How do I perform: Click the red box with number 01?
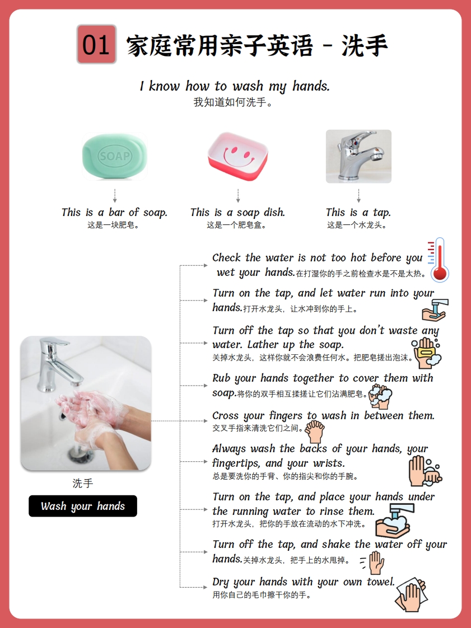tap(96, 44)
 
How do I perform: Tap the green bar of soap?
tap(115, 156)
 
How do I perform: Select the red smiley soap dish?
tap(237, 156)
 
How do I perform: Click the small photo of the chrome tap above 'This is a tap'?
tap(358, 156)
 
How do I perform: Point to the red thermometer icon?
tap(439, 260)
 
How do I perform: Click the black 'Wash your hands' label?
tap(82, 506)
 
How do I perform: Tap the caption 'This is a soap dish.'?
tap(237, 212)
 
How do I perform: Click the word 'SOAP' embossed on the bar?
tap(115, 156)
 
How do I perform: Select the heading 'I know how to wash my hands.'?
tap(235, 86)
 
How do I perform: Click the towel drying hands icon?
tap(411, 594)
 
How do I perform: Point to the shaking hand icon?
tap(372, 563)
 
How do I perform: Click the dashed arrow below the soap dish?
tap(238, 195)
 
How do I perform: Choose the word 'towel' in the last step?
tap(380, 582)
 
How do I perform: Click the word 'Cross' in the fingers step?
tap(225, 415)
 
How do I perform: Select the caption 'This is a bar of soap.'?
tap(114, 212)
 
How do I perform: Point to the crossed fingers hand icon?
tap(315, 432)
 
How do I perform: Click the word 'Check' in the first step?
tap(226, 257)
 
